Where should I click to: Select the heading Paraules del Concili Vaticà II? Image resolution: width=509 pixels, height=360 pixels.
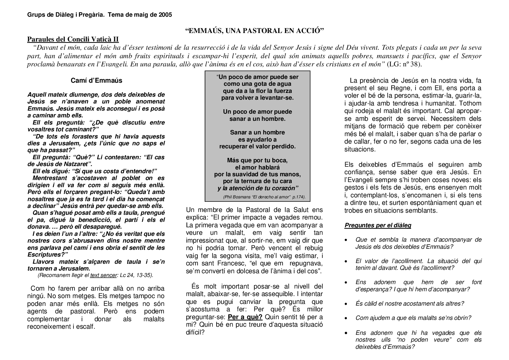[x=73, y=39]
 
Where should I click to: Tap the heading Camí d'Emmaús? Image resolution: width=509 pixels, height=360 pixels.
[x=96, y=81]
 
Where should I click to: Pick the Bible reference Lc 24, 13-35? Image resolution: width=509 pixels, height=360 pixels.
[x=136, y=275]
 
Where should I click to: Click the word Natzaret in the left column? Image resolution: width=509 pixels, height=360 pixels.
[x=73, y=164]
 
